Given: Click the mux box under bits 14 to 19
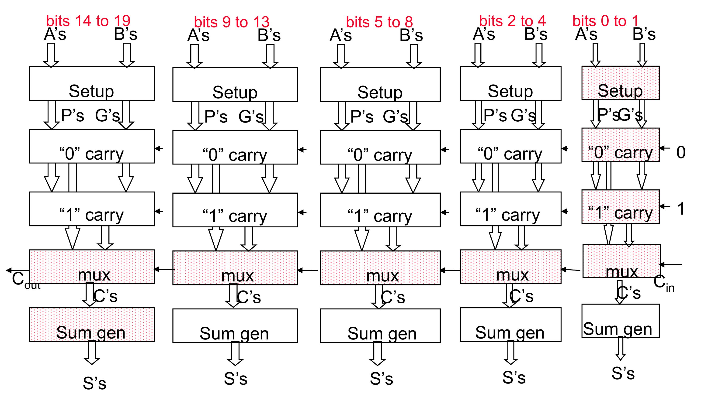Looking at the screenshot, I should [x=92, y=267].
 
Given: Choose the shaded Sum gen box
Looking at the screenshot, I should [x=92, y=325].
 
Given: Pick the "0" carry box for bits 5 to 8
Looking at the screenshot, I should [x=380, y=147].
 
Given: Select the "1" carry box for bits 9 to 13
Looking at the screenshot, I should [x=235, y=210].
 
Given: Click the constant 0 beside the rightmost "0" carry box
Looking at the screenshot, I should [x=680, y=152].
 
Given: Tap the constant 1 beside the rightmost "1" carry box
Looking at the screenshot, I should [x=680, y=209].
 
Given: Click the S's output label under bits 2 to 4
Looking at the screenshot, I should [x=514, y=377].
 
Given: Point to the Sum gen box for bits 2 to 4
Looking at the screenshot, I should [x=510, y=325].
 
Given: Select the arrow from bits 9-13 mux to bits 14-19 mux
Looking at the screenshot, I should [x=164, y=269].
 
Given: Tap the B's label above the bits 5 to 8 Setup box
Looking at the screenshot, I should [x=411, y=35].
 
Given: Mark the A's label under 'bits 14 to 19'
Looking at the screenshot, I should [x=55, y=34].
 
